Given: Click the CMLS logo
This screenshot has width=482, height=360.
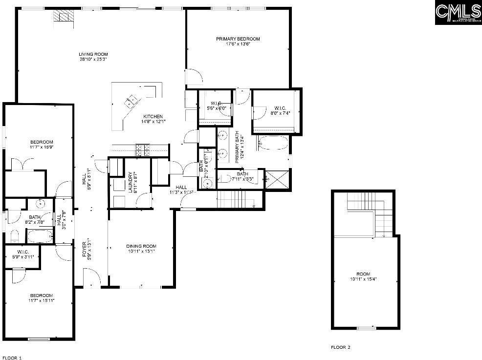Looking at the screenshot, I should (x=458, y=13).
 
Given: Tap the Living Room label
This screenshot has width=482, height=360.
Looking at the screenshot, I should (x=93, y=54).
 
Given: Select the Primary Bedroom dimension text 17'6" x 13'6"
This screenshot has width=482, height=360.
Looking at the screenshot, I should (x=238, y=44).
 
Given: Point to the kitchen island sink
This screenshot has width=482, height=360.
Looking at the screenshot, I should (x=131, y=101).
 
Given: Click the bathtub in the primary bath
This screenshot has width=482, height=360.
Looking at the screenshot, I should (x=274, y=144).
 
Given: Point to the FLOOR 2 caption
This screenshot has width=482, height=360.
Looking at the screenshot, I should (x=341, y=347).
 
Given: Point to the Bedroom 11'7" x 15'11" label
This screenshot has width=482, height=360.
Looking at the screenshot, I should (x=41, y=298).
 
